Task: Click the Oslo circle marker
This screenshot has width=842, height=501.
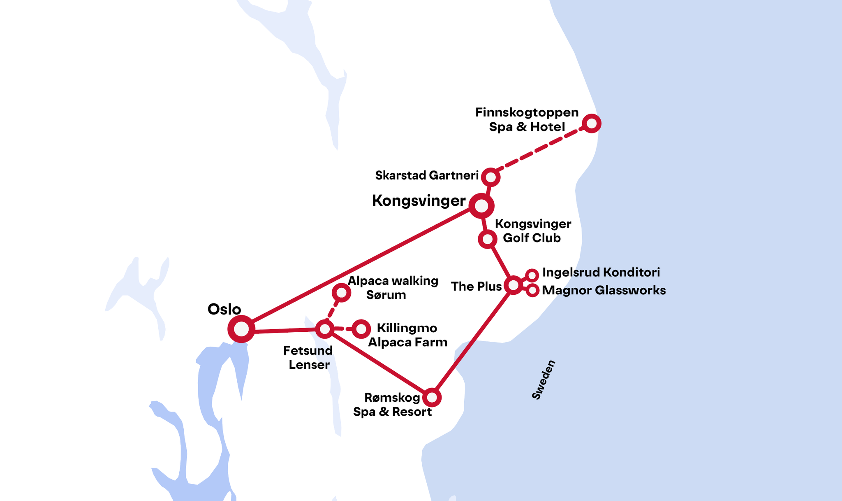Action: click(x=241, y=329)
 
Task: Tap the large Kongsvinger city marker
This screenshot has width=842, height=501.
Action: click(x=481, y=205)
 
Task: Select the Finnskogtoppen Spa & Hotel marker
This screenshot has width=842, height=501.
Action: click(x=592, y=123)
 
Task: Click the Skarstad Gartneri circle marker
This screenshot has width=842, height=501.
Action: click(x=490, y=177)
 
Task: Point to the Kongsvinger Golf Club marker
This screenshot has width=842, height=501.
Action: click(x=487, y=239)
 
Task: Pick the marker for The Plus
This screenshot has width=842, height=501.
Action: click(x=514, y=285)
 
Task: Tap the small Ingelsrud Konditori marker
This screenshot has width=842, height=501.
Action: click(x=532, y=275)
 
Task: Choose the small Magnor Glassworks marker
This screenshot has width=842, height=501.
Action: click(x=532, y=290)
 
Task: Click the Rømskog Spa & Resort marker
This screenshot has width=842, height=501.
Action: click(x=432, y=397)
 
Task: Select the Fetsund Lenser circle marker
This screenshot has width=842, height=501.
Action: click(x=325, y=329)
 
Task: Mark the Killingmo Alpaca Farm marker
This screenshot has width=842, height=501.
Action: click(x=361, y=329)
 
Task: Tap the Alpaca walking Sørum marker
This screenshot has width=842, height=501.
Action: click(x=341, y=293)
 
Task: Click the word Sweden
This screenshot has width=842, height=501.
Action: click(x=544, y=380)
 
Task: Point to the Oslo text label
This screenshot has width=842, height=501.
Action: click(x=224, y=309)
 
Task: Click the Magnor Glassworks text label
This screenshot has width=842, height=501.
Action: click(x=604, y=290)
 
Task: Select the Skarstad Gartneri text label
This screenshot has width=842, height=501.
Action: click(x=427, y=175)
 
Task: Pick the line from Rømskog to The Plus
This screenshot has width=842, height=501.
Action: click(x=473, y=341)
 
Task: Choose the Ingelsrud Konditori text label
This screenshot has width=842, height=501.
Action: click(x=601, y=272)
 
